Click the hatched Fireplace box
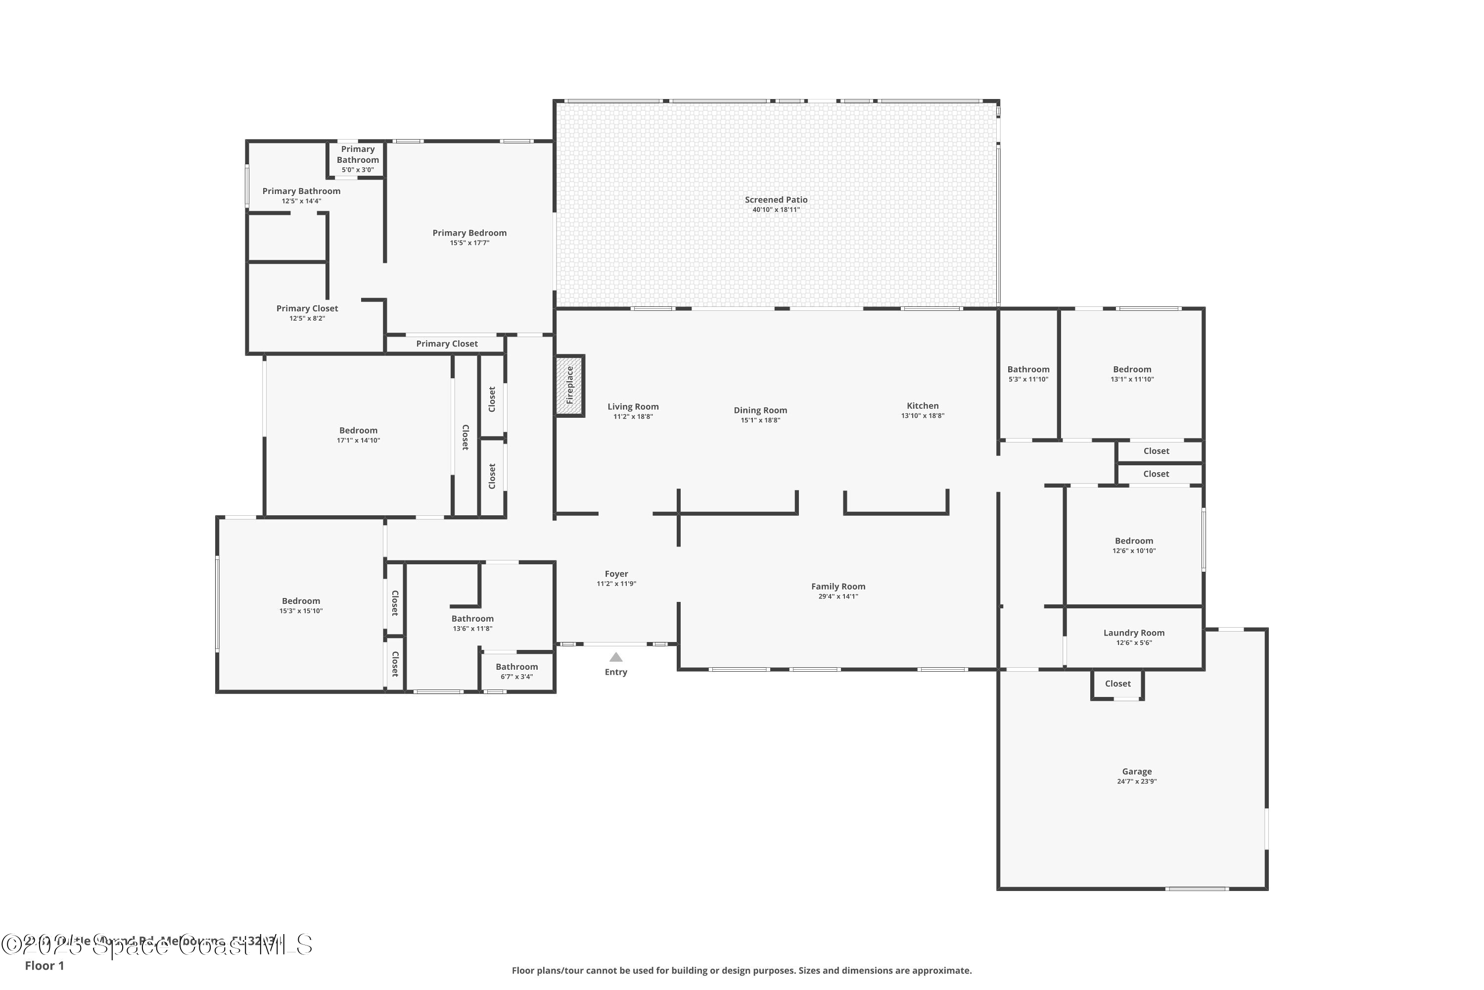coord(570,385)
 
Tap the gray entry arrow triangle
coord(616,657)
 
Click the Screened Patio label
coord(776,199)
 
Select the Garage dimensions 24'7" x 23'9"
coord(1136,782)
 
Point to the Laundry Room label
coord(1133,633)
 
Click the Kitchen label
coord(923,406)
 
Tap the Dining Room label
coord(760,410)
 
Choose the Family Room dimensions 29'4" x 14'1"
coord(838,596)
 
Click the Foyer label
coord(616,574)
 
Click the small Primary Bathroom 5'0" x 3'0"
coord(358,159)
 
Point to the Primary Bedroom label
coord(469,233)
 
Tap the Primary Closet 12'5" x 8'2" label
coord(307,309)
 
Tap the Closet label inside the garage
coord(1117,684)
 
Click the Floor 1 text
coord(44,965)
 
